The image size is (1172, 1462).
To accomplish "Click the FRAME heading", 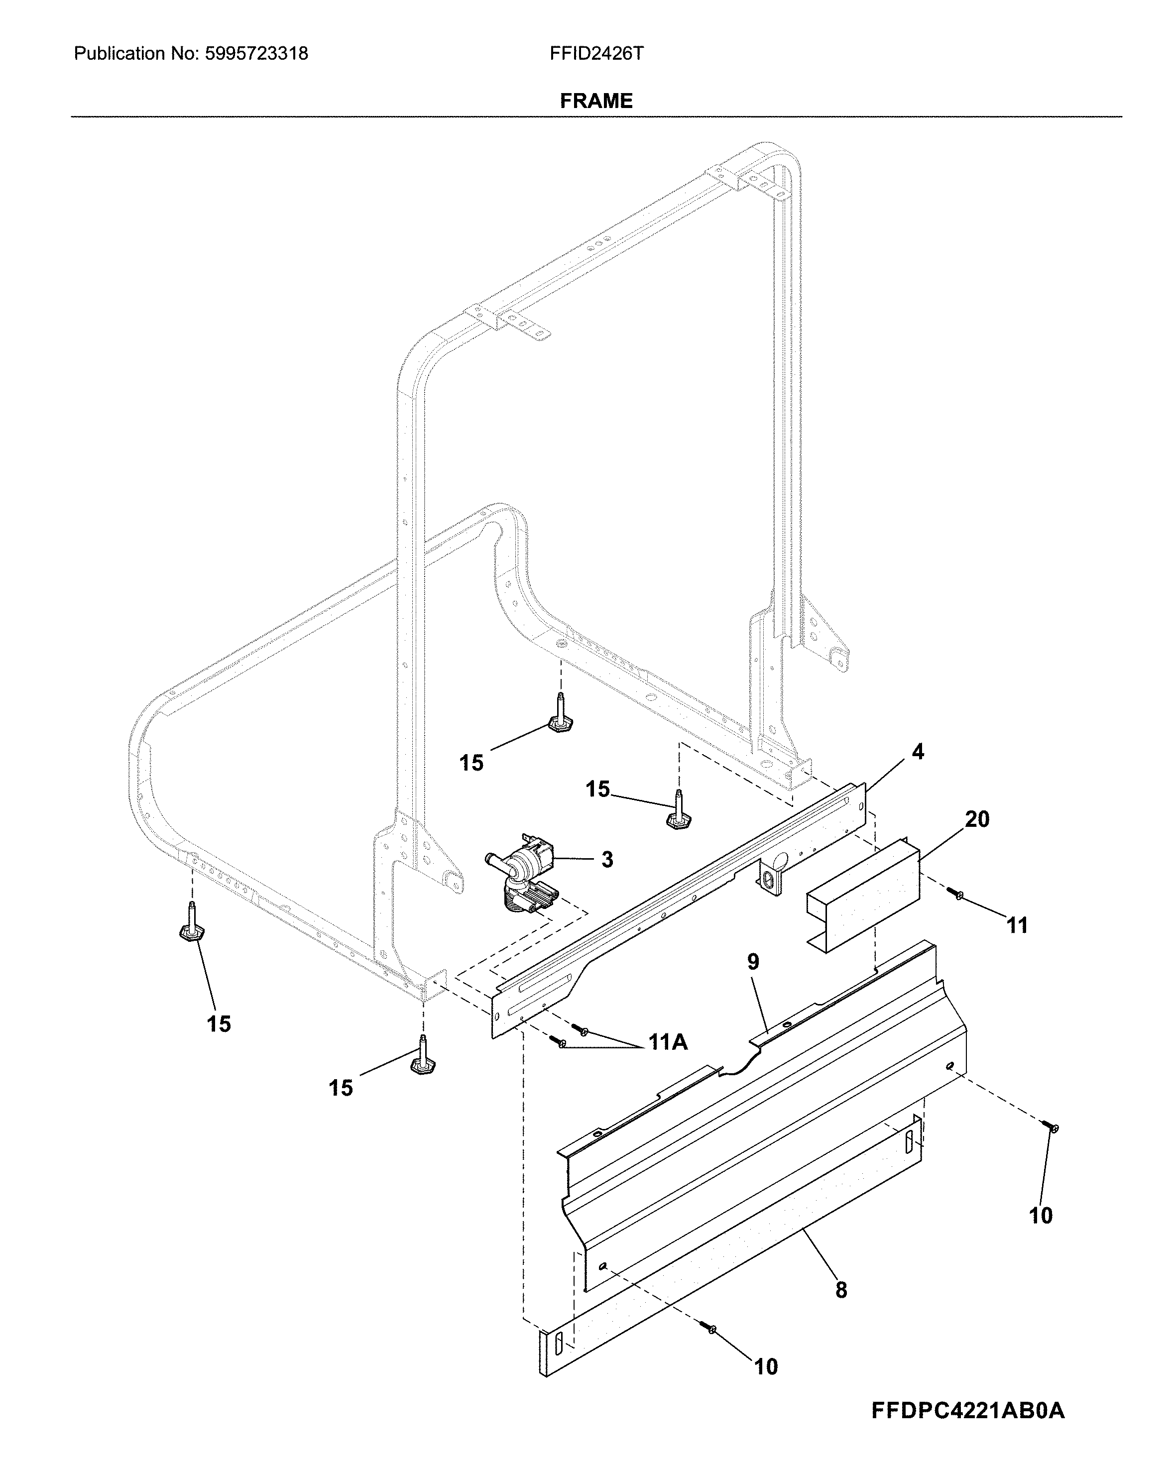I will click(x=595, y=101).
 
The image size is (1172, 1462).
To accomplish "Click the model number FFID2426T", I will click(x=596, y=54).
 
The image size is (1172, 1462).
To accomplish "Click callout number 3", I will click(x=607, y=860).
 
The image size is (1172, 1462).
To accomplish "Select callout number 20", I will click(x=977, y=819).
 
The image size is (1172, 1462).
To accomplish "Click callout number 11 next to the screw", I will click(x=1016, y=925).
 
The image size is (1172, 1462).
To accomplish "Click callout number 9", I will click(x=753, y=962).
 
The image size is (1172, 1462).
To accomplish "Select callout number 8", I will click(x=841, y=1290).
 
